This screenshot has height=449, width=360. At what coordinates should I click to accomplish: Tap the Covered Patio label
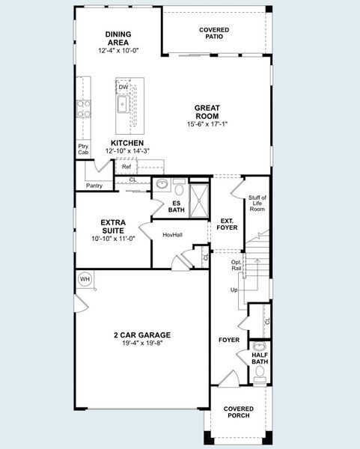tap(214, 34)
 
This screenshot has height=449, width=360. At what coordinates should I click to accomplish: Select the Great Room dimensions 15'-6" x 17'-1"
tap(207, 124)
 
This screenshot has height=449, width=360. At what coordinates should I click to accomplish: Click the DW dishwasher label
tap(123, 88)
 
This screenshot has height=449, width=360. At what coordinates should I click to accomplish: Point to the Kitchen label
tap(127, 142)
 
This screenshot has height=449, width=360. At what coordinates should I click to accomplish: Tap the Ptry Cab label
tap(83, 149)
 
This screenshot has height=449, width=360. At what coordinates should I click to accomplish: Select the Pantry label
tap(94, 185)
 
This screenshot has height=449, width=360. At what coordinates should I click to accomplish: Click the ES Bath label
tap(177, 206)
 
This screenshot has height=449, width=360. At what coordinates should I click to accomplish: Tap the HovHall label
tap(173, 235)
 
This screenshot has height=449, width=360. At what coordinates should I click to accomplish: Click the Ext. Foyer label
tap(227, 222)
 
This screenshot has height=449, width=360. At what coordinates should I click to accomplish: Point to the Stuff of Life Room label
tap(257, 203)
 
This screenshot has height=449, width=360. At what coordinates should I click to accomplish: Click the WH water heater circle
tap(85, 279)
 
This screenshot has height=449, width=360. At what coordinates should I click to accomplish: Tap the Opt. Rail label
tap(237, 265)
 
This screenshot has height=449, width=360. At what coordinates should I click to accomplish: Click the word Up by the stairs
tap(234, 290)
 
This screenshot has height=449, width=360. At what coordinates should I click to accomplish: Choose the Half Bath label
tap(260, 358)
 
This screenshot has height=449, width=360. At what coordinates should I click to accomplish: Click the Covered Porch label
tap(239, 412)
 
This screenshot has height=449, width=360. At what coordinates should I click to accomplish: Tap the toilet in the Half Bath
tap(260, 346)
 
